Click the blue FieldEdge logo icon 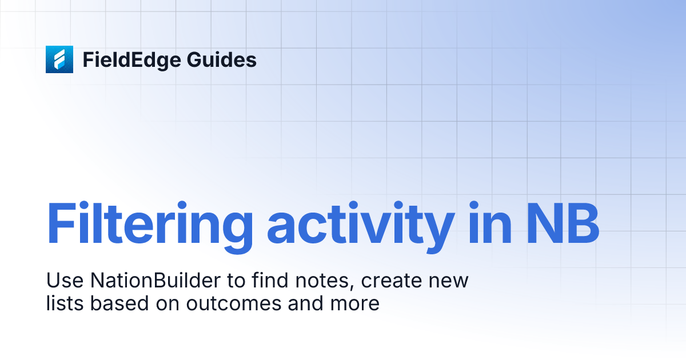[x=59, y=59]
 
